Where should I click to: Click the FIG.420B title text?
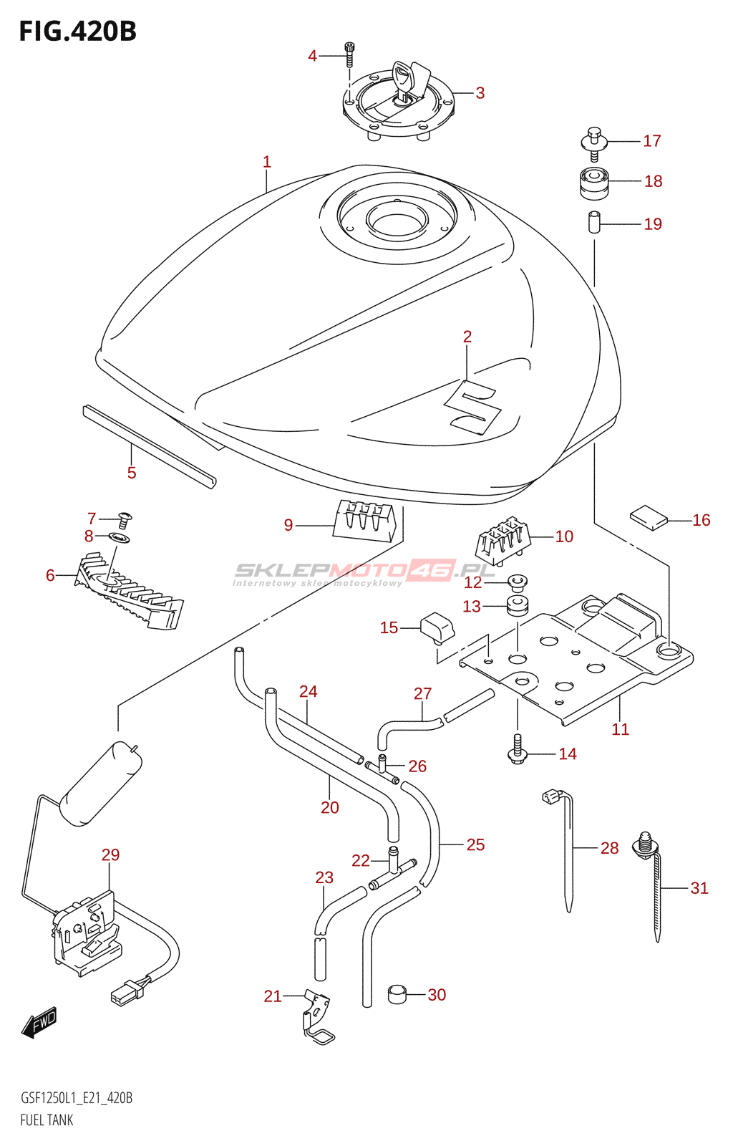pos(78,32)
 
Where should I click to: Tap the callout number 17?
pos(651,140)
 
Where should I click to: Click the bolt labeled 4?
pos(350,54)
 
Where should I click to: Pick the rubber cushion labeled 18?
pos(593,183)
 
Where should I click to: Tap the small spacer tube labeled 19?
pos(593,222)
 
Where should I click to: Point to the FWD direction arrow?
pos(39,1023)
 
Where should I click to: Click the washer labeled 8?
pos(119,538)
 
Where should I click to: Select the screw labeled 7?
pos(123,520)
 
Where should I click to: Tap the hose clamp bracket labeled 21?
pos(316,1017)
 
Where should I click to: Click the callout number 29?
pos(110,855)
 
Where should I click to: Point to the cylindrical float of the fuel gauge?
pos(101,784)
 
